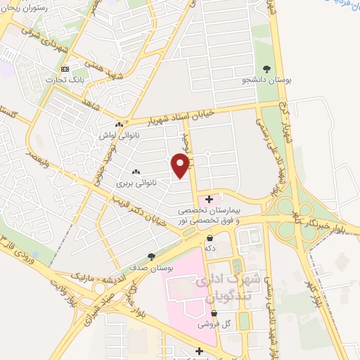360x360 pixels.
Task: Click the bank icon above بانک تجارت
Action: tap(65, 69)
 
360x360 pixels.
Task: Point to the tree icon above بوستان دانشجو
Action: tap(266, 68)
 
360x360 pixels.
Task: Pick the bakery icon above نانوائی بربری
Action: tap(136, 172)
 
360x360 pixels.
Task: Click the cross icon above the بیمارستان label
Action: tap(209, 200)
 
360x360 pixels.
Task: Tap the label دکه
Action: tap(210, 249)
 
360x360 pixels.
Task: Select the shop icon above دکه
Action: tap(210, 238)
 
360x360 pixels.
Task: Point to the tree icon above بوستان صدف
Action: tap(150, 257)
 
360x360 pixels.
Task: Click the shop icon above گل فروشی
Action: tap(214, 314)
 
